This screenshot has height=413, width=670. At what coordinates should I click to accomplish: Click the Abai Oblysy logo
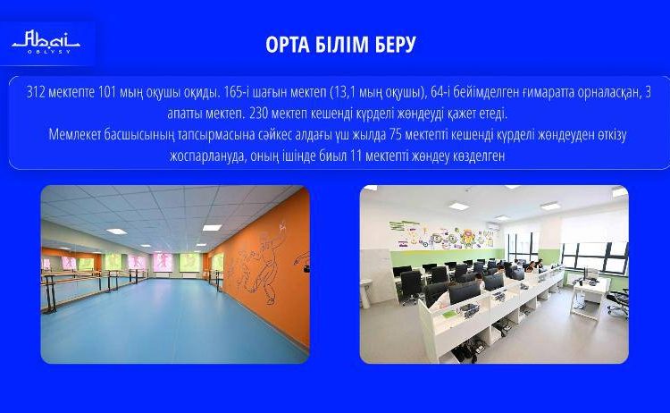point(46,42)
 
